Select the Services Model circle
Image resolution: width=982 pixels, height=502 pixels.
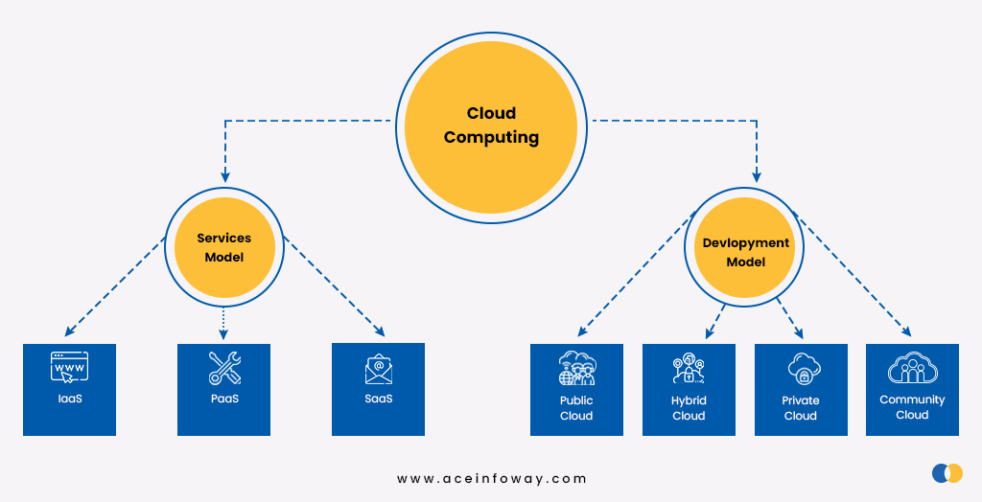coord(224,247)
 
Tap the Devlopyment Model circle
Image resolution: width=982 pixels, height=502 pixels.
coord(745,252)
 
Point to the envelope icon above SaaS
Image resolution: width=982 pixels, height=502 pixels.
coord(378,369)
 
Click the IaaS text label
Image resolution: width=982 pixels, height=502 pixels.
coord(69,399)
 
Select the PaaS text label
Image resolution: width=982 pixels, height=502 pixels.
coord(224,399)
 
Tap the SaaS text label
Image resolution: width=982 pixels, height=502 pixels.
coord(378,399)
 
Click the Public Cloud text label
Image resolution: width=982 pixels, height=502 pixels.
coord(576,408)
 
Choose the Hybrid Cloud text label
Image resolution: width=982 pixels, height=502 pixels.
coord(689,408)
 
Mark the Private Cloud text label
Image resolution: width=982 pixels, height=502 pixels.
coord(801,408)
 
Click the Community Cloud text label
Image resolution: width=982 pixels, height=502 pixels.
coord(912,407)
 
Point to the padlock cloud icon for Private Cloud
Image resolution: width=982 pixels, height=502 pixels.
coord(801,369)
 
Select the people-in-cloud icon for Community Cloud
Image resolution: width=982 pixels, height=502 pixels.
coord(912,368)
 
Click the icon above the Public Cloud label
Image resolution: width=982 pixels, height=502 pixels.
coord(576,369)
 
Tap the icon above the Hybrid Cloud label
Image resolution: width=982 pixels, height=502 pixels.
coord(689,369)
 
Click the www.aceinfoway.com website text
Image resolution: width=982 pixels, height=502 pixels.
coord(491,478)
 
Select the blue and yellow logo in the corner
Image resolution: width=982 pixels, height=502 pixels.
coord(947,472)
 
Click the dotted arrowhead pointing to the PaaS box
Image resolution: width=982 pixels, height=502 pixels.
coord(224,334)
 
